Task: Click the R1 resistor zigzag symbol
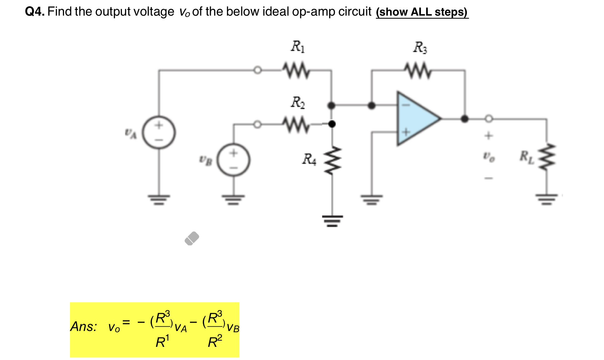pos(296,71)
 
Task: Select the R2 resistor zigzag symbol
pos(296,125)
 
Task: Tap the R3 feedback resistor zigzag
pos(418,71)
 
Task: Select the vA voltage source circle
pos(159,132)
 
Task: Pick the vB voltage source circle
pos(233,160)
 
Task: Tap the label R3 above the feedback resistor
pos(420,47)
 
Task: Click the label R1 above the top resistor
pos(297,47)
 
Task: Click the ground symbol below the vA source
pos(159,199)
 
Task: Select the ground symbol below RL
pos(547,199)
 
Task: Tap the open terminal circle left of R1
pos(257,70)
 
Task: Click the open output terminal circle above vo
pos(489,119)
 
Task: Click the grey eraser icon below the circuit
pos(192,239)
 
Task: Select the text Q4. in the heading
pos(35,12)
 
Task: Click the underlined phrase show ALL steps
pos(422,12)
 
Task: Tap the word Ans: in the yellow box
pos(83,327)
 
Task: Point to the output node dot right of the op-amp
pos(465,119)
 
